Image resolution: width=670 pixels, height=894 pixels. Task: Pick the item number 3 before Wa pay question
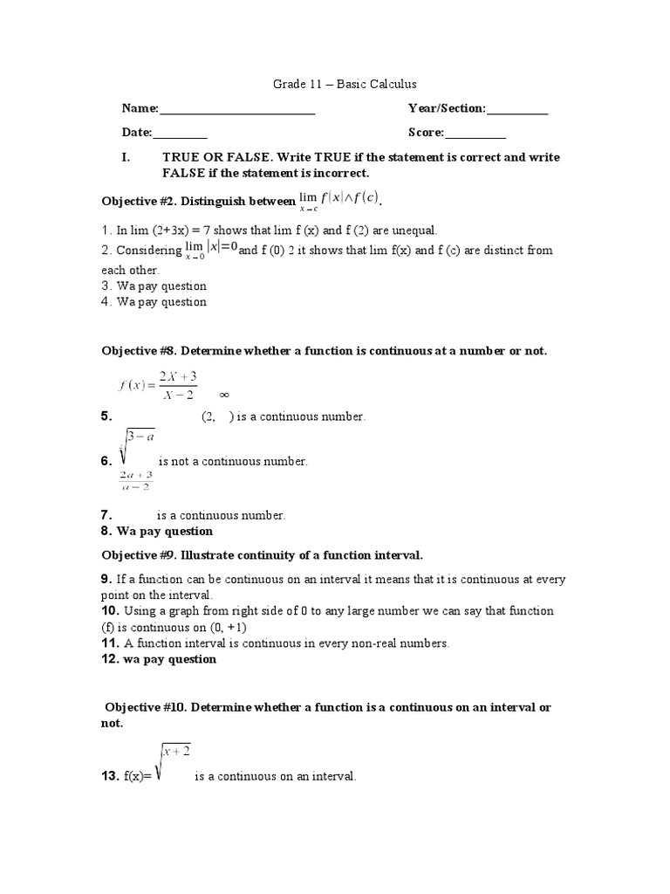point(106,285)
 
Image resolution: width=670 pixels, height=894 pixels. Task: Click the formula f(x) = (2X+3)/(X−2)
point(158,385)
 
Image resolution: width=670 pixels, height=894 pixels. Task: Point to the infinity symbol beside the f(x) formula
point(223,394)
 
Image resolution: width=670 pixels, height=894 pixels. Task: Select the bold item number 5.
point(106,417)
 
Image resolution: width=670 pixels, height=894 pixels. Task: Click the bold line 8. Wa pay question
point(157,531)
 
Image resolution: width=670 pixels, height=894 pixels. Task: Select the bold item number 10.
point(110,611)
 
